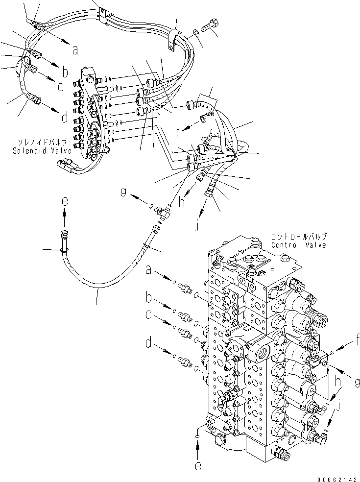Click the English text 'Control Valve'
pos(298,245)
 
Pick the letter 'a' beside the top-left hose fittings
pos(74,49)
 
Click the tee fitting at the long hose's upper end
pos(160,211)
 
